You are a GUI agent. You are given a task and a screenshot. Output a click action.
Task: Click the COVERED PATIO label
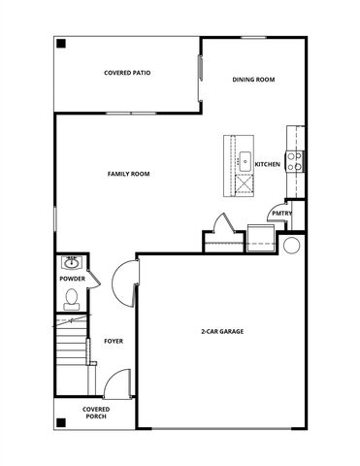127,73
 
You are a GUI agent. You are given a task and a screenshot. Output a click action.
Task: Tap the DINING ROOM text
254,80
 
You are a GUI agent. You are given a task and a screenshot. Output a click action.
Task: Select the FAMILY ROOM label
128,174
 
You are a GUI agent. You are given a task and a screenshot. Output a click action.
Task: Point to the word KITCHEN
268,165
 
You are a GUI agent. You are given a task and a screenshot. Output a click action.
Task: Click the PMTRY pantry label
282,214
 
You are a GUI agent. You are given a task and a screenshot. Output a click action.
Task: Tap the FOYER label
114,342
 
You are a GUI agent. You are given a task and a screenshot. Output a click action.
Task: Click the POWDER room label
73,280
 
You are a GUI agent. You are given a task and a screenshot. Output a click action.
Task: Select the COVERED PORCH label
96,413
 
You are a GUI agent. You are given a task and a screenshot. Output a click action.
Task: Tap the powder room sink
71,262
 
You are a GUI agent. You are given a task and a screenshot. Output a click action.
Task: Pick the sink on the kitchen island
244,159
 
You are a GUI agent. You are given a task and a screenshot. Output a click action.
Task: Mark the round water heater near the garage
291,245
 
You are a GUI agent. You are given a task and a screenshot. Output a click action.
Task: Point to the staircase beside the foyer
71,354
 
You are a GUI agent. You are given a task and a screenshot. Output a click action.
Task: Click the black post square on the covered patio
61,44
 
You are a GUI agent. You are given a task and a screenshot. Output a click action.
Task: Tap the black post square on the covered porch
61,422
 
